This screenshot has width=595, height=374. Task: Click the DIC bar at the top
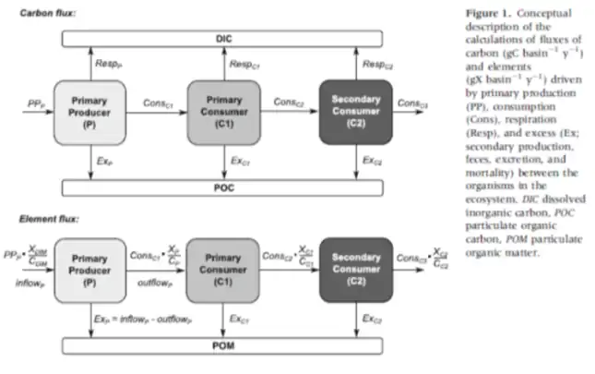223,40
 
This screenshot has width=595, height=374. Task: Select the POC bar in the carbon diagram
223,187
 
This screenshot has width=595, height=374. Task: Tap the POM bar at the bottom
223,344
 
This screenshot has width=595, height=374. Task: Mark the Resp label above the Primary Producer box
108,64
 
